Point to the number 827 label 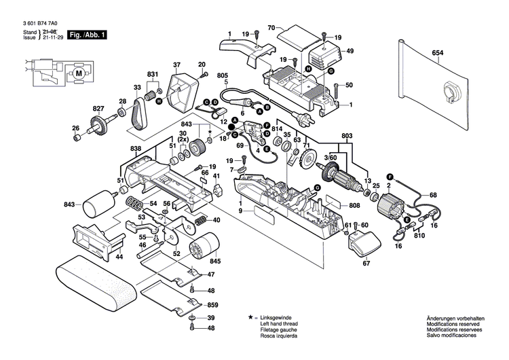point(99,109)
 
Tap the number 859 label point(212,306)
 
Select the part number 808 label point(354,206)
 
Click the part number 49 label point(350,51)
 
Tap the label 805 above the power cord point(222,75)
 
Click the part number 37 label point(176,65)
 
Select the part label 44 point(119,257)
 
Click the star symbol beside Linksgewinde point(251,318)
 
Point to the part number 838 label point(136,148)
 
